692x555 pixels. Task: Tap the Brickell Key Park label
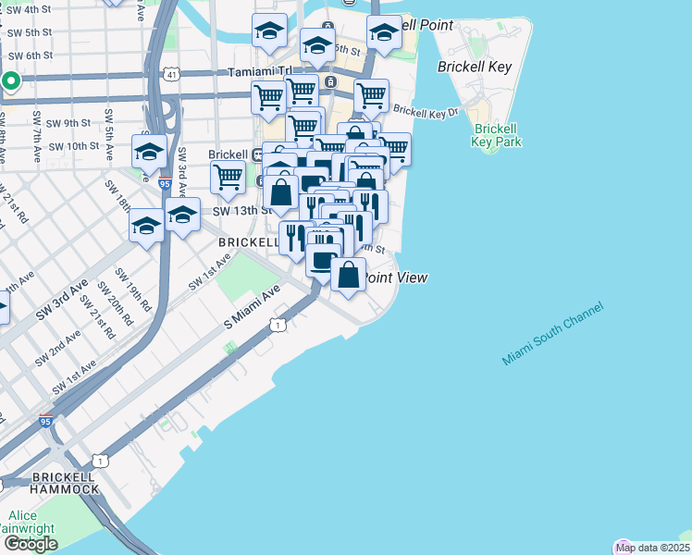(x=496, y=135)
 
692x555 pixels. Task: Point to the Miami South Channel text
(x=553, y=333)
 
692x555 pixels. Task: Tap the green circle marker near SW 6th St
(x=10, y=80)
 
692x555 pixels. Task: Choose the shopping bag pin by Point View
(x=348, y=276)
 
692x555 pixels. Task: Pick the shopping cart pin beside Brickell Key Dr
(x=371, y=95)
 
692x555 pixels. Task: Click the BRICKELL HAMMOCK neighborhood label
(x=65, y=482)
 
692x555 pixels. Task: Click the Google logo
(x=31, y=544)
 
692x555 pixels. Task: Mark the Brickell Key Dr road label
(x=426, y=111)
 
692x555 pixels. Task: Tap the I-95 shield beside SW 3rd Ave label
(x=165, y=184)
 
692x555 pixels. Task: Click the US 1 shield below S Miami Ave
(x=278, y=325)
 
